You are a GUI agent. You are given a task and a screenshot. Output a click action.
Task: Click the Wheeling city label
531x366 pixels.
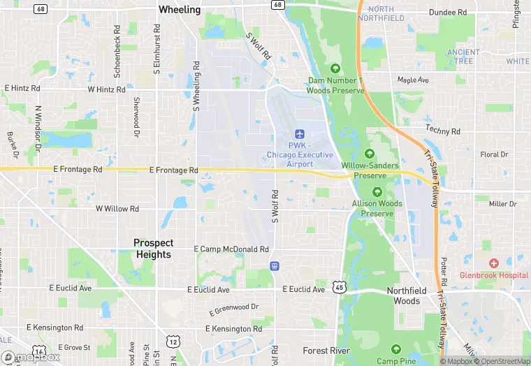(x=180, y=10)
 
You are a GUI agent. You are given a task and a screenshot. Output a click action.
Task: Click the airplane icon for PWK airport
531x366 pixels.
(x=300, y=133)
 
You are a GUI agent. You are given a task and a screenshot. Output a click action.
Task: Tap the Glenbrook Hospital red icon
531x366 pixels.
(x=494, y=263)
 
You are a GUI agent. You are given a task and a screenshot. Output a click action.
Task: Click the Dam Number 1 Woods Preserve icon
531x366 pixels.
(x=335, y=68)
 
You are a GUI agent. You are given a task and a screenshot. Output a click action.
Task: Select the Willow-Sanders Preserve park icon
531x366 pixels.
(x=370, y=154)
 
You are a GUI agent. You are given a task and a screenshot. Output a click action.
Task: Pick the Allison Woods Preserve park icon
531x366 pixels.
(x=377, y=191)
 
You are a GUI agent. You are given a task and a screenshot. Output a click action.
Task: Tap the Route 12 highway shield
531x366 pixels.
(x=173, y=342)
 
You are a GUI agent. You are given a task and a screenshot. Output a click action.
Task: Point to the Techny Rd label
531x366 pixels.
(x=443, y=131)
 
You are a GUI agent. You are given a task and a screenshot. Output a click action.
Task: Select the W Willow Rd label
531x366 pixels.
(x=117, y=209)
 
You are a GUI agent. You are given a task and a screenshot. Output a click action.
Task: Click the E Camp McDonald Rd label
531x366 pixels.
(x=231, y=249)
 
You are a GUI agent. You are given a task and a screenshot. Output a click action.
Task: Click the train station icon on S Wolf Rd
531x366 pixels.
(x=275, y=265)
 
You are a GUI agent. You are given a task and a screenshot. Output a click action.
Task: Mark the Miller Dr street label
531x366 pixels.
(x=502, y=204)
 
